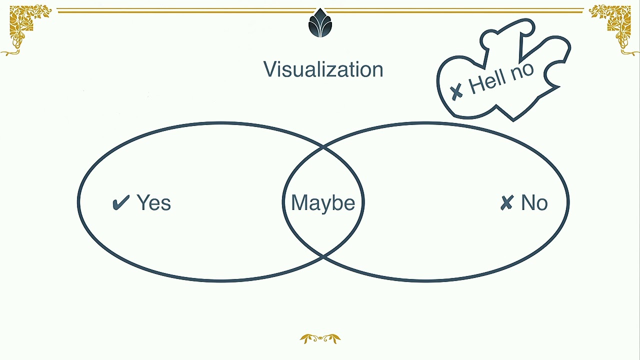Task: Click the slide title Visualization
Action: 323,69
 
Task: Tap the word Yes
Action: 153,202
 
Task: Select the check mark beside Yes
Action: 121,202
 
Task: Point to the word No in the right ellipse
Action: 534,203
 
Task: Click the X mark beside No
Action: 507,203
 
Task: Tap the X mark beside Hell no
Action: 456,91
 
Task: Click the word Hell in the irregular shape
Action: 487,81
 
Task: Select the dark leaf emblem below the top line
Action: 320,23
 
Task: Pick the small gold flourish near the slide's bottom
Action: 320,339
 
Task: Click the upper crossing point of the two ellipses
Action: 323,147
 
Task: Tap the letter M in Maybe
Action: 298,202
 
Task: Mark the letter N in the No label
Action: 528,202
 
